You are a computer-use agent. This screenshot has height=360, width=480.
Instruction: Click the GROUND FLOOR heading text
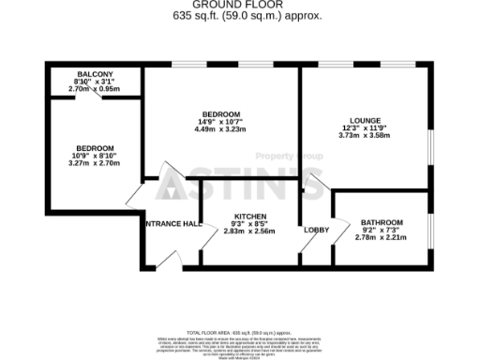coord(239,6)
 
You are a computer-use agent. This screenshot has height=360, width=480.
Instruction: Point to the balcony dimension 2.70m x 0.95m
coord(94,90)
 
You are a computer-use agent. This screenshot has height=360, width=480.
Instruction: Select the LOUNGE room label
coord(365,120)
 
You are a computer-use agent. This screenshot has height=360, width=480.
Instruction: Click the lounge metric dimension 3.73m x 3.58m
coord(365,137)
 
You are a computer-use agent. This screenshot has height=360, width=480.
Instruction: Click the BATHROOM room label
coord(382,222)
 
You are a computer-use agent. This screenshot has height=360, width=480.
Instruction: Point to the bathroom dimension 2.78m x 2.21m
coord(382,239)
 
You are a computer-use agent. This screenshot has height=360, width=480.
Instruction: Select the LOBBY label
coord(315,231)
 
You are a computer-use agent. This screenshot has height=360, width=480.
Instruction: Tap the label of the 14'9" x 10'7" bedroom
coord(220,113)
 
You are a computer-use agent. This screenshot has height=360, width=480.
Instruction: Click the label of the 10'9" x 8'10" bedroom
coord(95,148)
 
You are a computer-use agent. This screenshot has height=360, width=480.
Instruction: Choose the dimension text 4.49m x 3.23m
coord(220,129)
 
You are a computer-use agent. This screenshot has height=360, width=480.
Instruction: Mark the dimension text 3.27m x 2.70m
coord(95,165)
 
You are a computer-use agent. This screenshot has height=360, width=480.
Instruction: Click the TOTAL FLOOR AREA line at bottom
coord(239,333)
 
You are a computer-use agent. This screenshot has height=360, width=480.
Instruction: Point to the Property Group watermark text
coord(285,155)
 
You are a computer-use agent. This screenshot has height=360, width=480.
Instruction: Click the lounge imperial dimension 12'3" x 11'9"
coord(365,128)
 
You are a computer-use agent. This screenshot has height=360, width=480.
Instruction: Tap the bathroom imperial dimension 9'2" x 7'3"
coord(382,231)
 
